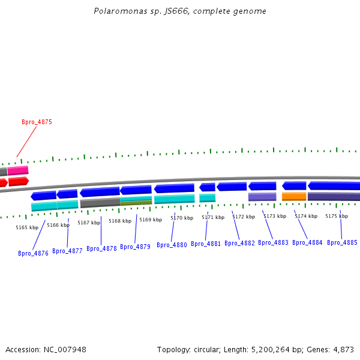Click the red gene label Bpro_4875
(37, 122)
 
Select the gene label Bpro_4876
(33, 253)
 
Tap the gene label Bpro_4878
(101, 248)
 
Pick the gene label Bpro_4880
(172, 245)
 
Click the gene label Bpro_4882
(239, 243)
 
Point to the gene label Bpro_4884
(307, 242)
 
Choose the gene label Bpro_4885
(342, 242)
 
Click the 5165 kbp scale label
(27, 227)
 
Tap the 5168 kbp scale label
(120, 221)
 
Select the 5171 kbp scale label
(213, 217)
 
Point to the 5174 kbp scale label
(306, 216)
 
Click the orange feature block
(294, 196)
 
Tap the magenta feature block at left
(17, 170)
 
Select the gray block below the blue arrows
(100, 203)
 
